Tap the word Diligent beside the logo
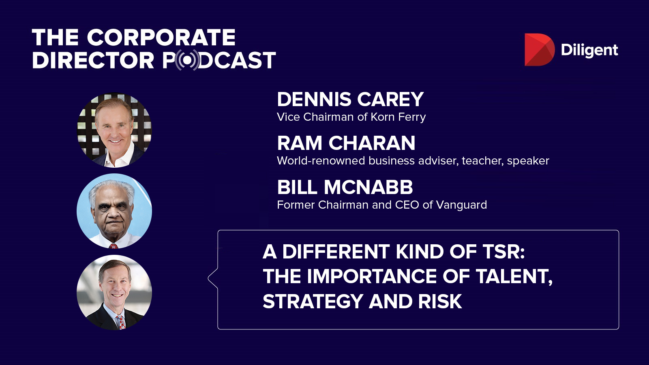click(589, 50)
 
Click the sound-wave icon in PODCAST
click(188, 60)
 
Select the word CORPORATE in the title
click(161, 37)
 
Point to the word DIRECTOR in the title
click(93, 60)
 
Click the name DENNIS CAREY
click(350, 99)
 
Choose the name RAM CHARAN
click(346, 143)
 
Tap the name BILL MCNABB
click(345, 187)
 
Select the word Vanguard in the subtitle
click(461, 205)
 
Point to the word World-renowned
click(321, 161)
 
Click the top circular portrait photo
click(114, 130)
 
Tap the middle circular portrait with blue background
click(114, 211)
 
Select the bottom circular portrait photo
click(114, 292)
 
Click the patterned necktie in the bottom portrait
click(120, 322)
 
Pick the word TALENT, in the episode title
click(514, 277)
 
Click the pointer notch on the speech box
click(213, 278)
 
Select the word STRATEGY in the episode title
click(313, 302)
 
